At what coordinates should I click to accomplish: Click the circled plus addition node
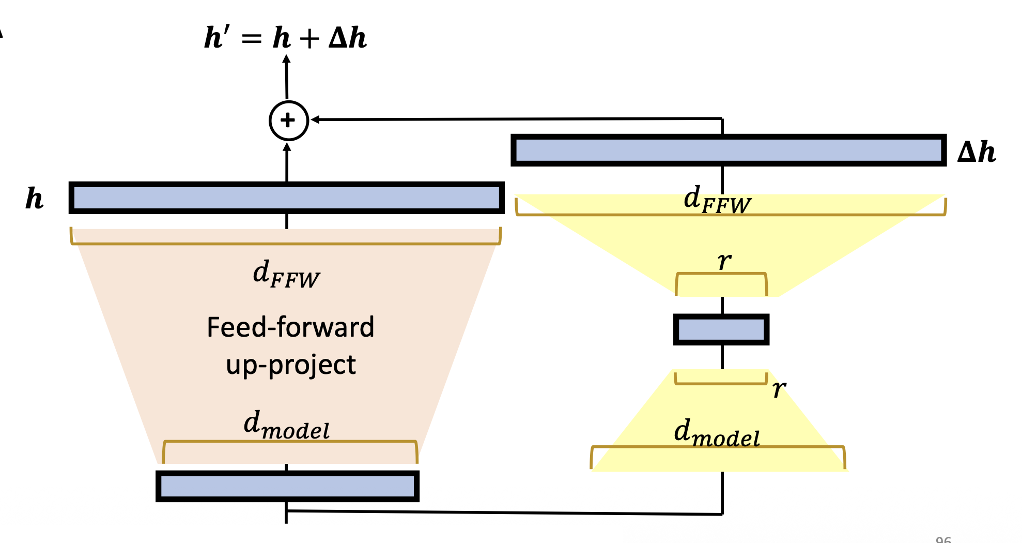click(x=289, y=120)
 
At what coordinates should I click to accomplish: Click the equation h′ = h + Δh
click(x=285, y=38)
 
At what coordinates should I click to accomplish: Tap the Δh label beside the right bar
click(x=976, y=152)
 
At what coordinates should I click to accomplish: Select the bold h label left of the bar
click(x=35, y=199)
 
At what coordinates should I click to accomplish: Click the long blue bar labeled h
click(x=287, y=198)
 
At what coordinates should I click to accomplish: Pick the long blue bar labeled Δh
click(x=729, y=150)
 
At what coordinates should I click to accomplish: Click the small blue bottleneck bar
click(x=721, y=329)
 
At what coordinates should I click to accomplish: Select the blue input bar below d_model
click(x=287, y=486)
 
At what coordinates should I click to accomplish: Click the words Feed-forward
click(x=290, y=327)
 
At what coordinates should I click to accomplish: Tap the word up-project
click(x=291, y=365)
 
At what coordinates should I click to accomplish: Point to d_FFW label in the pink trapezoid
click(x=286, y=275)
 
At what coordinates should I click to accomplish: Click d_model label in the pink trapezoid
click(x=286, y=426)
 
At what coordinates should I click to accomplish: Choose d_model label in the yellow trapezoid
click(x=717, y=433)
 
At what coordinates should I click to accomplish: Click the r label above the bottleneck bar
click(x=724, y=261)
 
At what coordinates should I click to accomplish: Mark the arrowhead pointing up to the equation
click(x=286, y=58)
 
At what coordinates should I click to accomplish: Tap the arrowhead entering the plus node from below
click(x=287, y=147)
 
